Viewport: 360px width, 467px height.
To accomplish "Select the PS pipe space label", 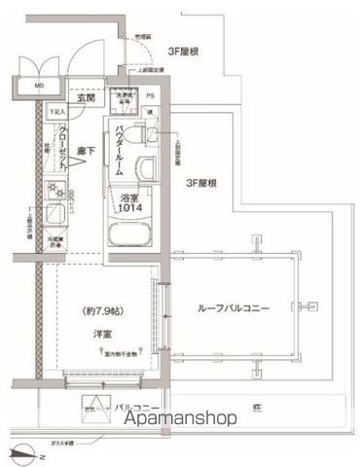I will click(151, 97).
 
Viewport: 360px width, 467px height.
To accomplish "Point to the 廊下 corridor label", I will click(87, 150).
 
